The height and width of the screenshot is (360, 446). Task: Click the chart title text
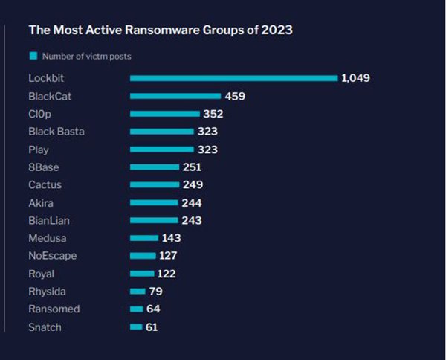(160, 30)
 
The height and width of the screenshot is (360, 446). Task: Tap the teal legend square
(33, 56)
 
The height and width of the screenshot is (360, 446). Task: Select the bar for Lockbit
(233, 78)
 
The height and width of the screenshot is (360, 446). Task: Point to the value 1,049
(355, 78)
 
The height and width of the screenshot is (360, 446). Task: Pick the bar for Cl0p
(165, 114)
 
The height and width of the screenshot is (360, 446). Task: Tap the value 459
(235, 96)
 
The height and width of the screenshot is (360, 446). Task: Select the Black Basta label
(56, 132)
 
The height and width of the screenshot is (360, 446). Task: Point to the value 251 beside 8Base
(192, 167)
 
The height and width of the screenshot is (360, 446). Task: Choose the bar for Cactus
(155, 184)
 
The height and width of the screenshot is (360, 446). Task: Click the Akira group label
(41, 202)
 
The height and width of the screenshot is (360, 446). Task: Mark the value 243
(191, 220)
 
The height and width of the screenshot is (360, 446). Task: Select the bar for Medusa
(144, 238)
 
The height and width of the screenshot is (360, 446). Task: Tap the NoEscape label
(52, 256)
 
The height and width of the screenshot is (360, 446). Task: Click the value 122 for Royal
(167, 274)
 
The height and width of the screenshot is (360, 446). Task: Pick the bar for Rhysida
(138, 292)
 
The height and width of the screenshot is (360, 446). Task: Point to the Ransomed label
(54, 309)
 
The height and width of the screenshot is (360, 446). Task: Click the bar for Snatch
(136, 327)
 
